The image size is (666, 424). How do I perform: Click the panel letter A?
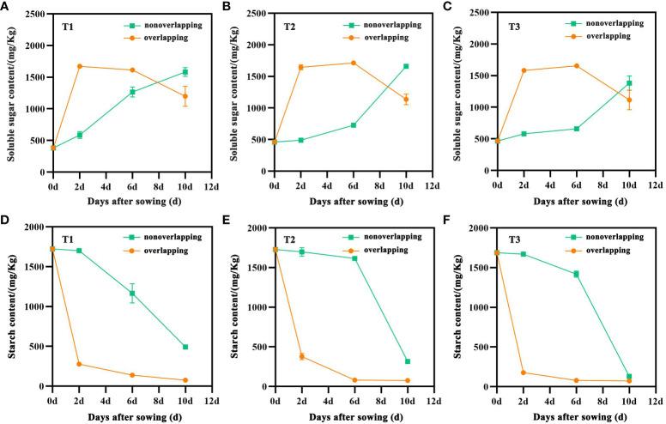click(7, 6)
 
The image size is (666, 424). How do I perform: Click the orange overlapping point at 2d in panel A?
click(80, 66)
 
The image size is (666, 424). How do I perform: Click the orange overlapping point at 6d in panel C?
click(576, 66)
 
